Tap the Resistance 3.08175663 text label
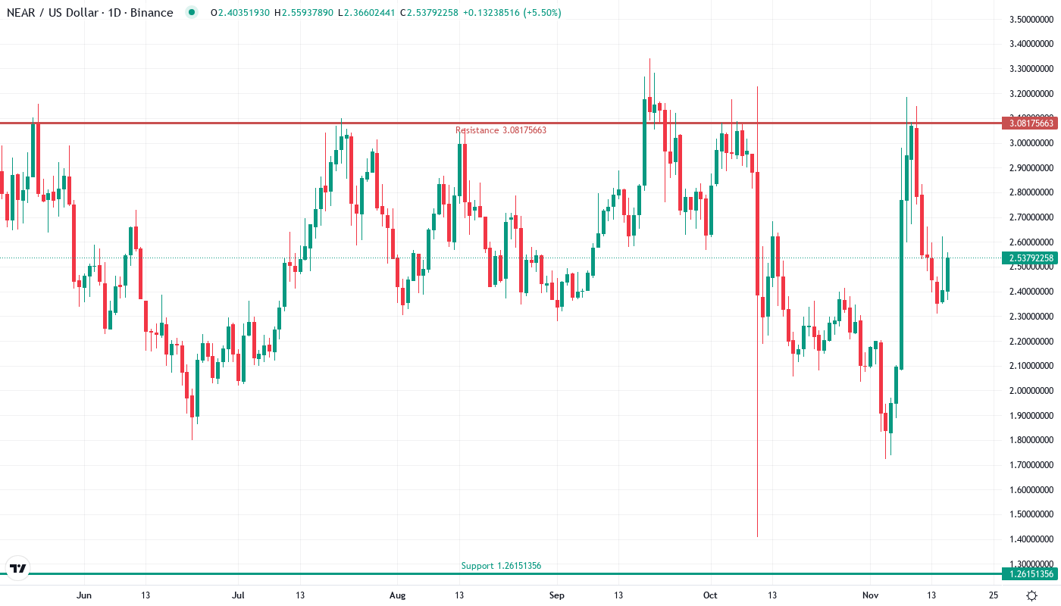point(500,130)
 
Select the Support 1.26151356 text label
point(501,566)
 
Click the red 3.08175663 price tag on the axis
point(1028,123)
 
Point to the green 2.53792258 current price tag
point(1028,258)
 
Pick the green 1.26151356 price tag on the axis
point(1028,574)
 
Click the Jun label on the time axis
point(84,595)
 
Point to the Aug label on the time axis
point(397,595)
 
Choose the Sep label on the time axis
point(556,595)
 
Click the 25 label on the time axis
point(994,595)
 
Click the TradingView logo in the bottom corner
point(17,568)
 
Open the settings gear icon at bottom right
point(1031,595)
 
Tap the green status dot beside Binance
point(191,13)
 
